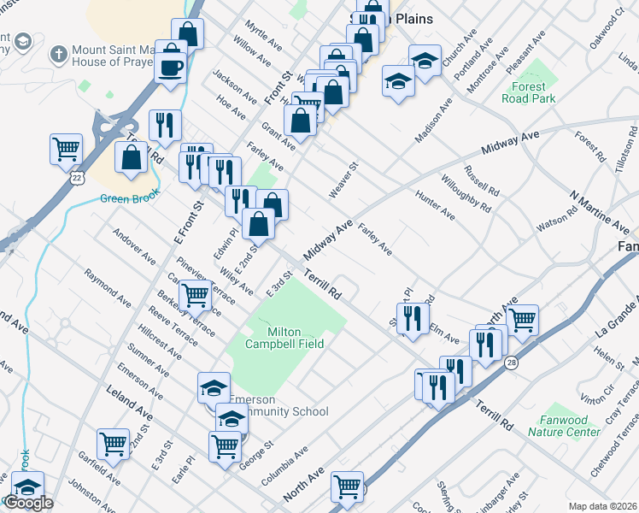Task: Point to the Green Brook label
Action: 126,199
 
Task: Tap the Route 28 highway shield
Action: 534,363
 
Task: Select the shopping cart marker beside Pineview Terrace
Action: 196,295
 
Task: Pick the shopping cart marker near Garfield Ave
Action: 113,443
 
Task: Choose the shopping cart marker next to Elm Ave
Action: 522,320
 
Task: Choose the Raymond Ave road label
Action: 108,288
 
